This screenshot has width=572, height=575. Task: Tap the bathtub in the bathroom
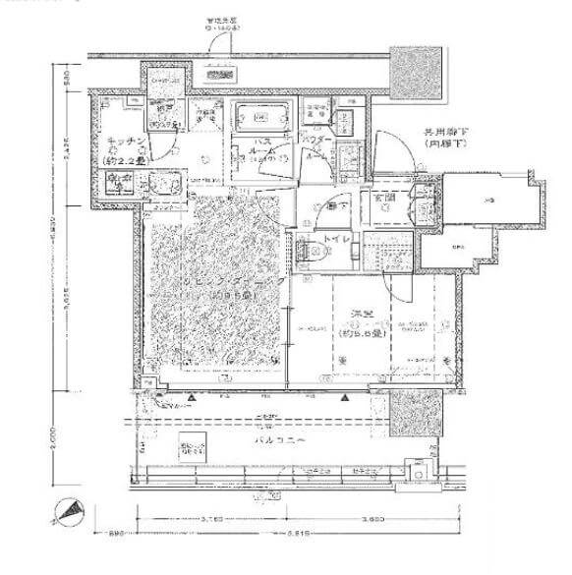point(260,118)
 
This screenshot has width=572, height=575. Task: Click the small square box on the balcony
point(193,449)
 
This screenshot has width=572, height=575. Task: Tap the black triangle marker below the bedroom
point(345,399)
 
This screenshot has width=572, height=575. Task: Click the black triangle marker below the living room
point(194,399)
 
